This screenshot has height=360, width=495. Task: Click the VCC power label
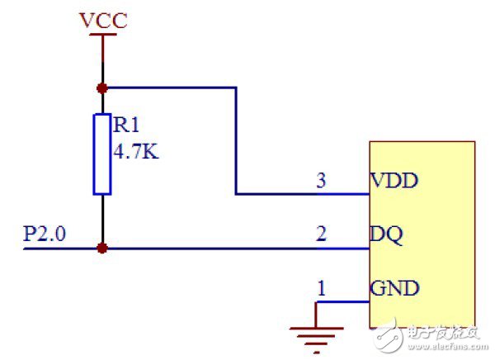pyautogui.click(x=103, y=20)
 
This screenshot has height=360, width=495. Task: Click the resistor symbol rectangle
pyautogui.click(x=102, y=154)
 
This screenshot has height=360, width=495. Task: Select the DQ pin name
pyautogui.click(x=386, y=235)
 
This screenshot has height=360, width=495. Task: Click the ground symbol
pyautogui.click(x=316, y=334)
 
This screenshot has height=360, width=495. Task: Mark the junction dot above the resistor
pyautogui.click(x=102, y=87)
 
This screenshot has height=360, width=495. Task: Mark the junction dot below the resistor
pyautogui.click(x=102, y=247)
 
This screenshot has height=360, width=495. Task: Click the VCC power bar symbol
pyautogui.click(x=102, y=36)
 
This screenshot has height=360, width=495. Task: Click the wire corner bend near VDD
pyautogui.click(x=237, y=194)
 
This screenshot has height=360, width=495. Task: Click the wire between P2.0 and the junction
pyautogui.click(x=62, y=247)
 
